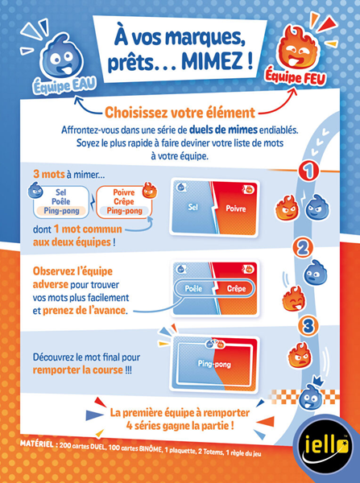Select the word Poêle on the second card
point(191,288)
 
